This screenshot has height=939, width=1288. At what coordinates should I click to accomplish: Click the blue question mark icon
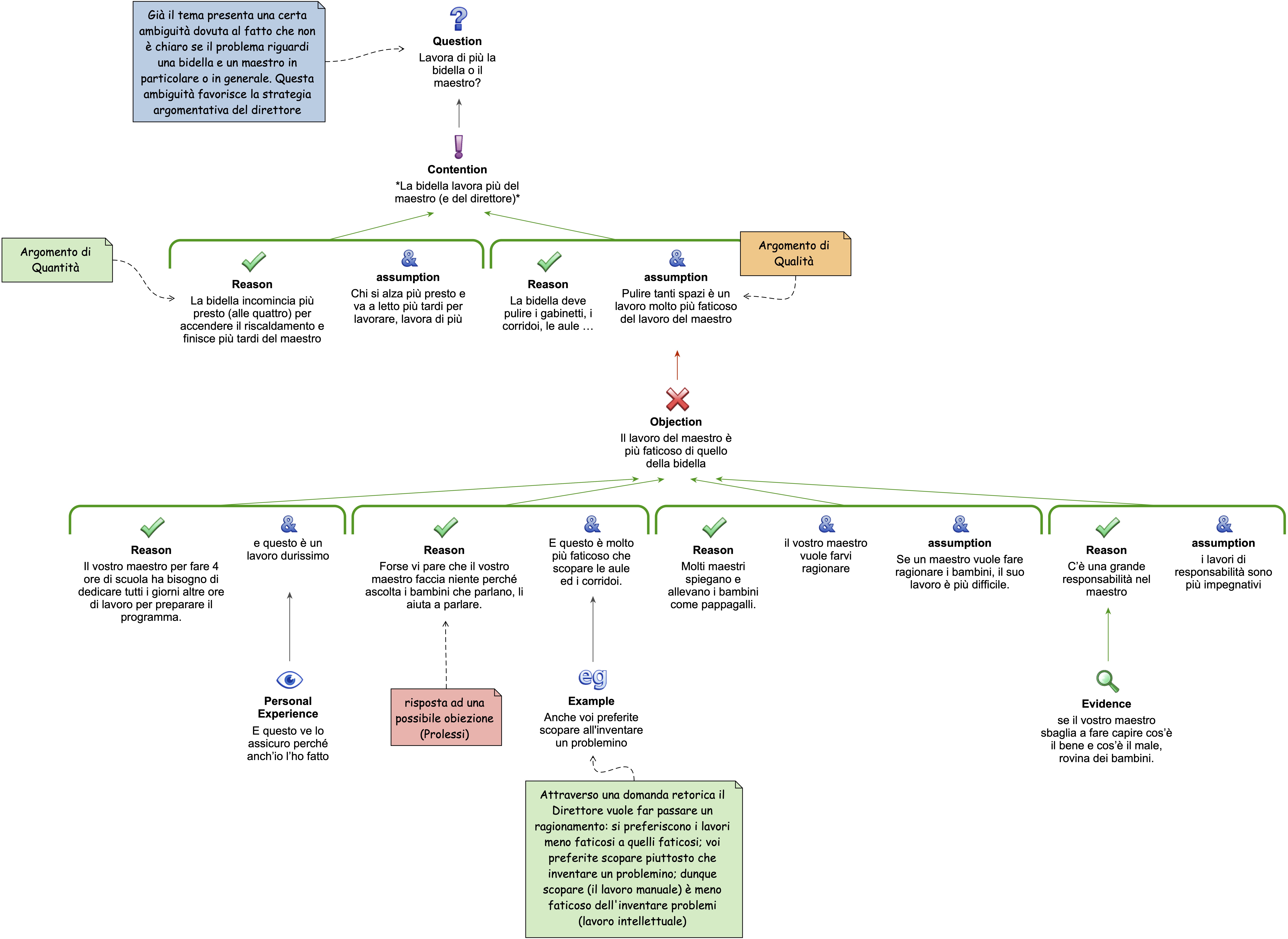tap(458, 19)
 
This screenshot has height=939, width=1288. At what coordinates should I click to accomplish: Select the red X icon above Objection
tap(677, 399)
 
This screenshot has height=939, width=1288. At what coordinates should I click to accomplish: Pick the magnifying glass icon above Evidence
tap(1107, 681)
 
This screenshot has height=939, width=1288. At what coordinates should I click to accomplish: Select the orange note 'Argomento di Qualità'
tap(795, 254)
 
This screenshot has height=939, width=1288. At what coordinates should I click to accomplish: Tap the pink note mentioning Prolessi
tap(446, 717)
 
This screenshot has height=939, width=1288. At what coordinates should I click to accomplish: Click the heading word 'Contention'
tap(457, 169)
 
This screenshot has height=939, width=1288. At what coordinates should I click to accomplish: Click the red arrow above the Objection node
tap(677, 365)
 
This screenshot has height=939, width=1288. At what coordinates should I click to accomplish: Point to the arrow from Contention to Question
tap(459, 113)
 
